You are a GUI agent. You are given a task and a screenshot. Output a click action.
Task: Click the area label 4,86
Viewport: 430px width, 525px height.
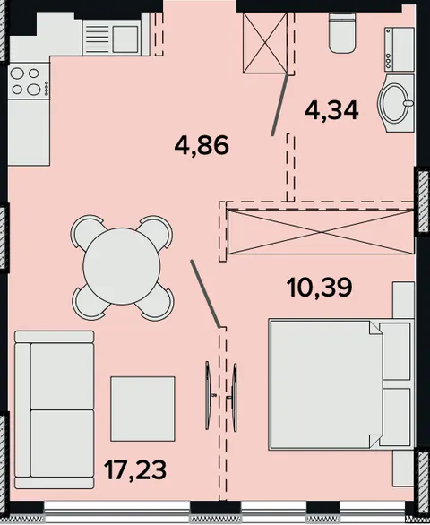pos(202,145)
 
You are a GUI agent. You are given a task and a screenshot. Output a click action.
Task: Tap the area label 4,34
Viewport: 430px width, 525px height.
pos(331,110)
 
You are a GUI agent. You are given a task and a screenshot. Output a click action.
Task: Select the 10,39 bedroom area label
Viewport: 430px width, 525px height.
pos(320,288)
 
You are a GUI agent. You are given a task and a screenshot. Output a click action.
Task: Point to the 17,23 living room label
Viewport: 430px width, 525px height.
pos(135,469)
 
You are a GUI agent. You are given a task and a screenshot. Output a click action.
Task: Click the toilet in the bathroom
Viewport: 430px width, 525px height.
pos(342,33)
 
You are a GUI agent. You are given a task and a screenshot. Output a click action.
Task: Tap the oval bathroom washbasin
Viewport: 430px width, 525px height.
pos(396,102)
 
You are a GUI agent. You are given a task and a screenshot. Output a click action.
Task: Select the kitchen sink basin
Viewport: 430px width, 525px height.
pos(125,39)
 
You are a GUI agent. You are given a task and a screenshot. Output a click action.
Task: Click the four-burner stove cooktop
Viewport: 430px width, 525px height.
pos(30,81)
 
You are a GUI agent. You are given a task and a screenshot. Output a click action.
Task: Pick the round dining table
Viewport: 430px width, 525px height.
pos(122,266)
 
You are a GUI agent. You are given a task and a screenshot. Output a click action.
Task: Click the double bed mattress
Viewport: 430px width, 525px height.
pos(325,384)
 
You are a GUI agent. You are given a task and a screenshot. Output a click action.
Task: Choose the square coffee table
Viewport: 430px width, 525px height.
pos(143,409)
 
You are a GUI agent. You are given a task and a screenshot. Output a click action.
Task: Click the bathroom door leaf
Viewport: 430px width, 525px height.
pos(279,105)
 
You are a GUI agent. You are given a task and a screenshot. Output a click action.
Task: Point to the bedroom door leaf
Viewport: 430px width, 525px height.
pos(205,293)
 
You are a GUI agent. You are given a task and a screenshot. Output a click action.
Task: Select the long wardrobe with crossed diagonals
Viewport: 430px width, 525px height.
pos(321,231)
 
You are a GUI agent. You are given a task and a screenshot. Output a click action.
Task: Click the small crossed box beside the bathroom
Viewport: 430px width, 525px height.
pos(265,42)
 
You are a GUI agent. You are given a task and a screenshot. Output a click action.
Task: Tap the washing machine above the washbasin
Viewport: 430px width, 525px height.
pos(400,49)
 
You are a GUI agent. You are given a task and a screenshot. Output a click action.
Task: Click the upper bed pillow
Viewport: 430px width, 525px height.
pos(395,351)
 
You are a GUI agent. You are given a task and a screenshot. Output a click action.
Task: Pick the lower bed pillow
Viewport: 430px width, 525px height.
pos(395,417)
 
